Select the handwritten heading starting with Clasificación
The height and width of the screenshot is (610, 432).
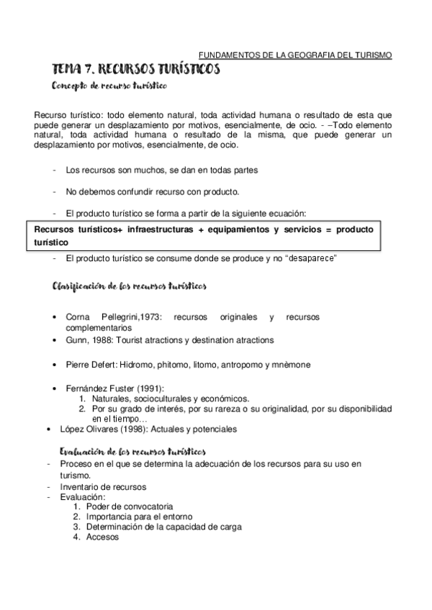(130, 287)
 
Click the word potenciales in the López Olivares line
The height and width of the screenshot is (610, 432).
(213, 429)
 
